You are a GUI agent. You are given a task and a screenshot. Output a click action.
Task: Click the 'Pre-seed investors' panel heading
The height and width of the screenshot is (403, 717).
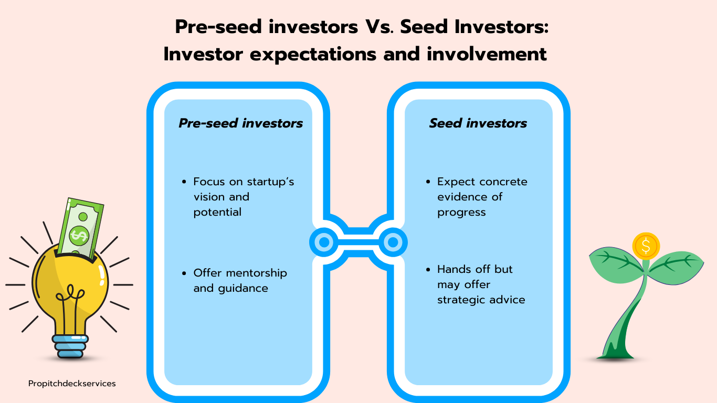pyautogui.click(x=240, y=123)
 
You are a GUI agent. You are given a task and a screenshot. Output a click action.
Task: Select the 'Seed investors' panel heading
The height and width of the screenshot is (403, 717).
pyautogui.click(x=478, y=123)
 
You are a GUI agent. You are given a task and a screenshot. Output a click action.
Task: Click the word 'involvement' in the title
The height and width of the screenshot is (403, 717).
pyautogui.click(x=487, y=54)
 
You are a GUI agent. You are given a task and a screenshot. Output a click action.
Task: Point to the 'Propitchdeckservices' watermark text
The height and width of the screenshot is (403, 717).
pyautogui.click(x=72, y=384)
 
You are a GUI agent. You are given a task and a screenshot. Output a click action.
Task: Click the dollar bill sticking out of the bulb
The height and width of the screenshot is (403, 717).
pyautogui.click(x=81, y=228)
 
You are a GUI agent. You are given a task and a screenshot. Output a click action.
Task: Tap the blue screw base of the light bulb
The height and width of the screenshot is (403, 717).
pyautogui.click(x=70, y=346)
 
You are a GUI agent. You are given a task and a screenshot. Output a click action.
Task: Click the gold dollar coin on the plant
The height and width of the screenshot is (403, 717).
pyautogui.click(x=646, y=246)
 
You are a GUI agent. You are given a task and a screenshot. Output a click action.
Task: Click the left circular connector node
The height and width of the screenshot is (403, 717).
pyautogui.click(x=324, y=242)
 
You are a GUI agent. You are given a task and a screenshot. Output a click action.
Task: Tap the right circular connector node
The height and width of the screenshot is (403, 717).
pyautogui.click(x=393, y=242)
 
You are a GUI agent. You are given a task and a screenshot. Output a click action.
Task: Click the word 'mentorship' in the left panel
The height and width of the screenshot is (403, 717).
pyautogui.click(x=254, y=273)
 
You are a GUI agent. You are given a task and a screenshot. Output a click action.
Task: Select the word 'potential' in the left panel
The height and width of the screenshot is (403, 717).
pyautogui.click(x=217, y=212)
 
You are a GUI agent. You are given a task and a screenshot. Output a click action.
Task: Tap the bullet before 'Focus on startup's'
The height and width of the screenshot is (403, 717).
pyautogui.click(x=184, y=182)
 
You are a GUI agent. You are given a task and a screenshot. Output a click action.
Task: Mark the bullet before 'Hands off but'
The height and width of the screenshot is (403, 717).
pyautogui.click(x=428, y=270)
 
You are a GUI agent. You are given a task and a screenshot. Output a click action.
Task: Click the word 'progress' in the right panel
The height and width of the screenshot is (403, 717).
pyautogui.click(x=461, y=213)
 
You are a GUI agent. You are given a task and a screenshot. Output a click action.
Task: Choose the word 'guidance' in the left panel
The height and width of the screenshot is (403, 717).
pyautogui.click(x=243, y=289)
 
